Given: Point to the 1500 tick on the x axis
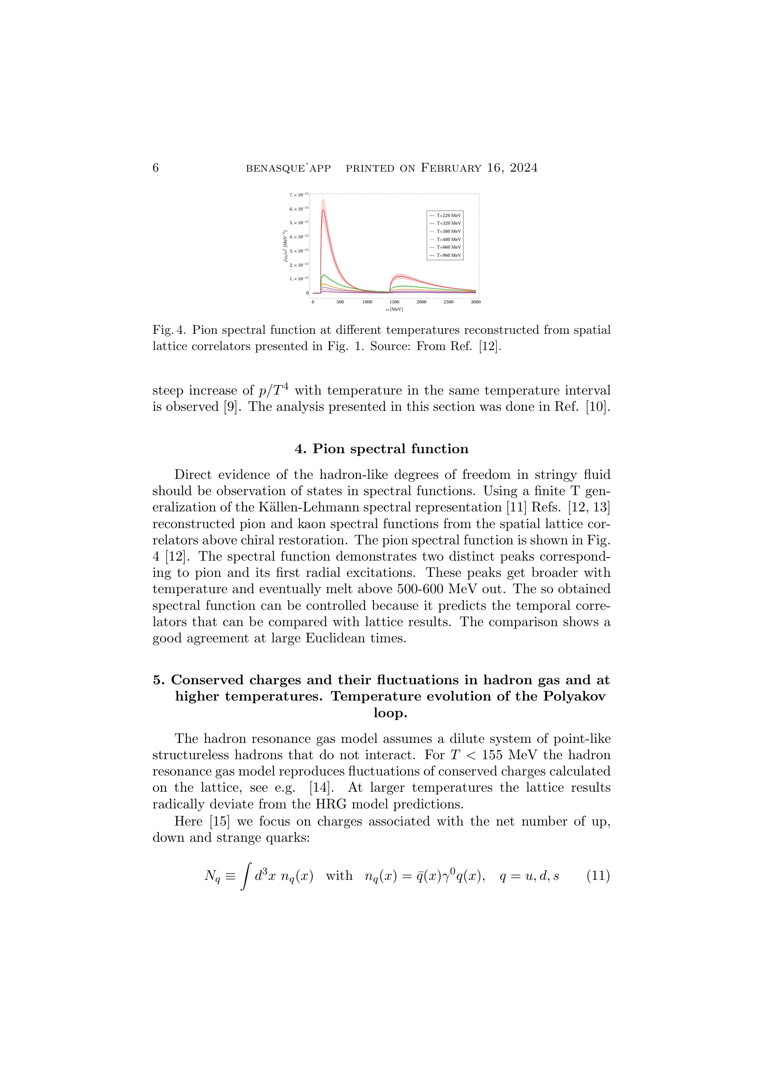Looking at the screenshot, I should point(394,302).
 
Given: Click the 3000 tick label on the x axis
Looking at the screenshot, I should point(475,302).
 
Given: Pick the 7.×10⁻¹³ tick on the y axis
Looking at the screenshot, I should point(299,194).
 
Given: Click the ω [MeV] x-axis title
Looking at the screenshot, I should point(394,309).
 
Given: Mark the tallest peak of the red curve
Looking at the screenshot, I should point(323,210).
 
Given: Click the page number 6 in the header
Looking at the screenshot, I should point(156,168).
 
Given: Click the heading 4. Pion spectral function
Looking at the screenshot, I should point(382,448).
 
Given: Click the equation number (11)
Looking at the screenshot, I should point(598,876).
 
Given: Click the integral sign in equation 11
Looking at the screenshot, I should point(245,876).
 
